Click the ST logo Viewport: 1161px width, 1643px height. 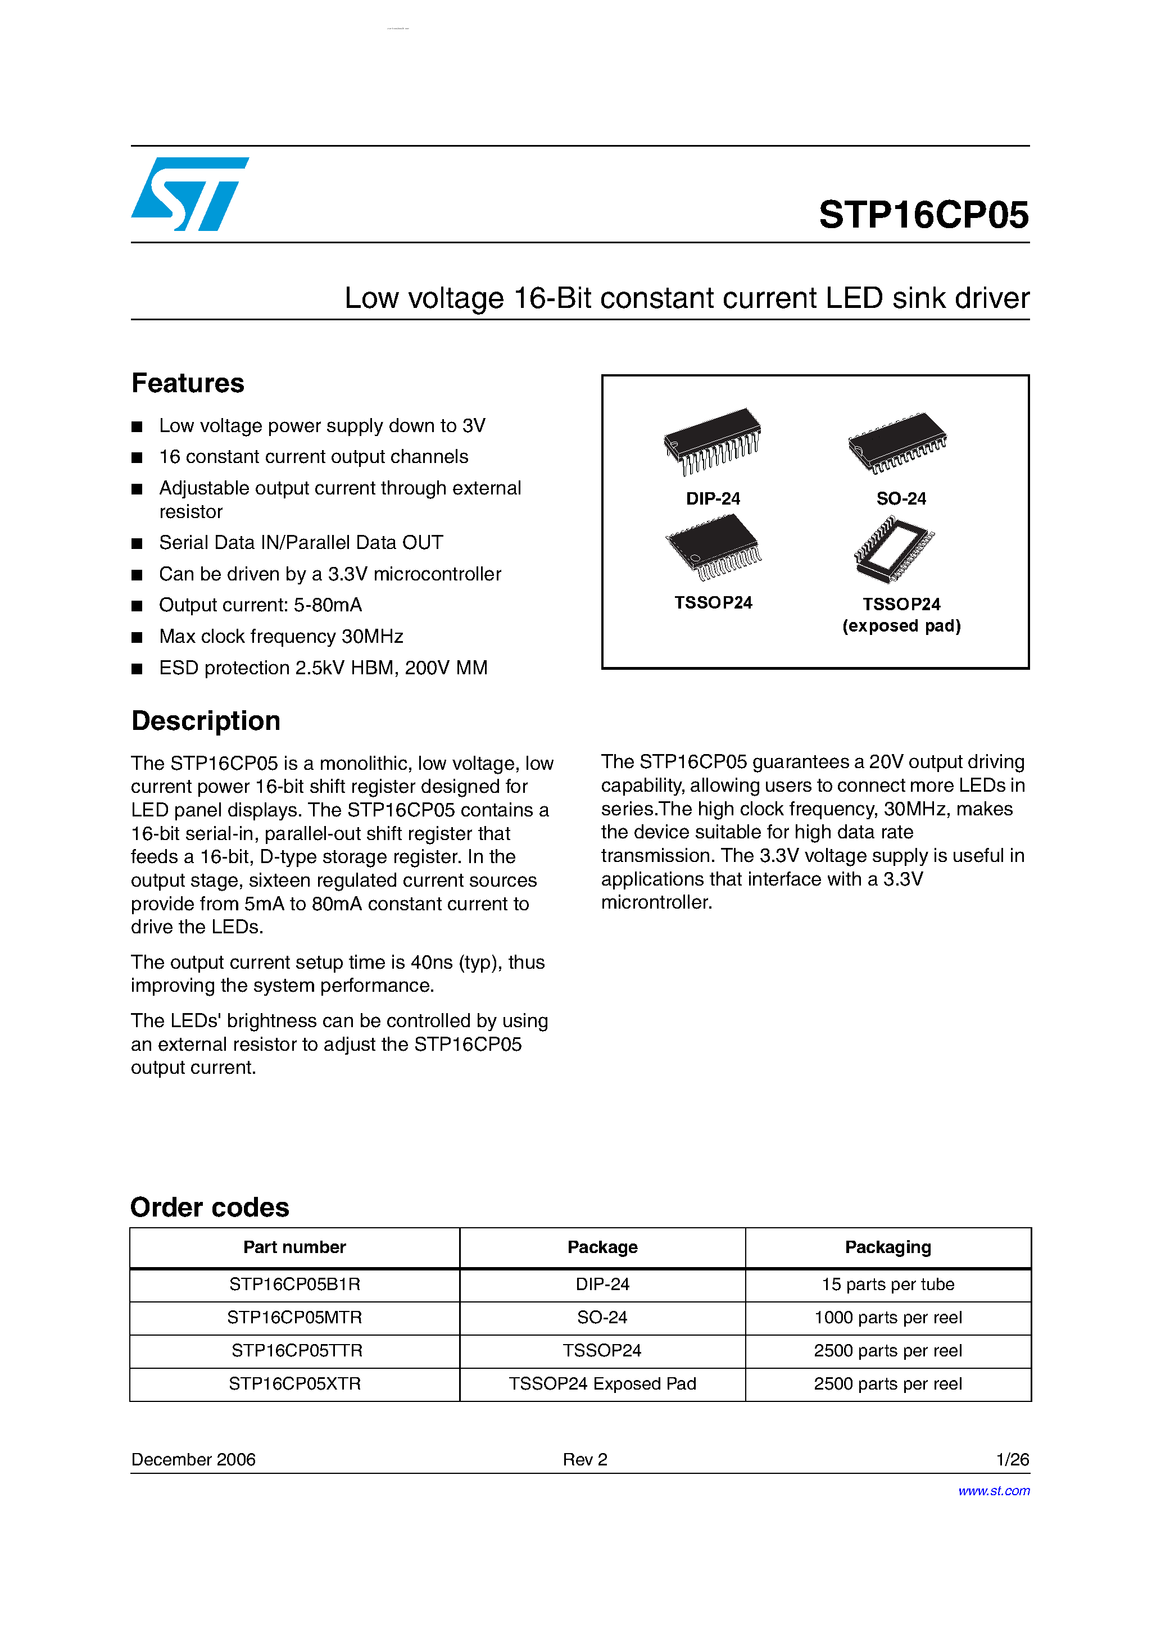coord(190,194)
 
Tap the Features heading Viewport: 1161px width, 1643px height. coord(188,384)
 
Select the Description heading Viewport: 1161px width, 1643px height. coord(206,720)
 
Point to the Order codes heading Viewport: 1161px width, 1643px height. coord(210,1207)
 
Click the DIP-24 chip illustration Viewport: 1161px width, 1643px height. coord(712,441)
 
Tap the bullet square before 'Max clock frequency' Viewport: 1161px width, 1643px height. coord(137,637)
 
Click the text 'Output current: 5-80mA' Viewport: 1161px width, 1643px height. coord(261,605)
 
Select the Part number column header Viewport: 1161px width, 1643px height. coord(294,1247)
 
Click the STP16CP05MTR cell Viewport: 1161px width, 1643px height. coord(294,1318)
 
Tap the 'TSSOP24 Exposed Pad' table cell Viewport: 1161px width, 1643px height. coord(602,1383)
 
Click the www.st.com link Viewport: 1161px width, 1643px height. coord(994,1491)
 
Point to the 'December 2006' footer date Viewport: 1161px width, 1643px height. coord(193,1459)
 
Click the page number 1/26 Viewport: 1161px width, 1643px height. coord(1012,1459)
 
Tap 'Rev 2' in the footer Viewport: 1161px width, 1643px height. coord(585,1459)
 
